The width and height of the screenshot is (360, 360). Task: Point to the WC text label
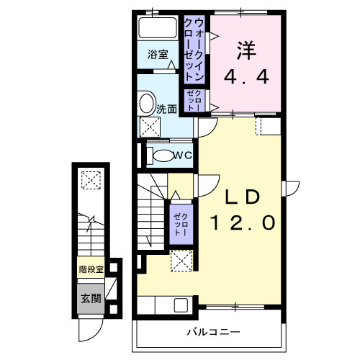[182, 156]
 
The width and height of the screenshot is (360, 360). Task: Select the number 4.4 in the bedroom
[248, 76]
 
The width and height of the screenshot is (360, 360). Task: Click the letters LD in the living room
[244, 197]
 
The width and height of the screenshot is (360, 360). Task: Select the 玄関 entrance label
[90, 298]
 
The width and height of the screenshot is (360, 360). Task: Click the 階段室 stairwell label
[91, 271]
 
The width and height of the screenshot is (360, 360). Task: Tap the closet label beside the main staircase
[180, 225]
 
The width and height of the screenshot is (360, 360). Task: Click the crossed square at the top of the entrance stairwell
[91, 179]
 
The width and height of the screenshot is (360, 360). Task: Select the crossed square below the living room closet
[180, 261]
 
